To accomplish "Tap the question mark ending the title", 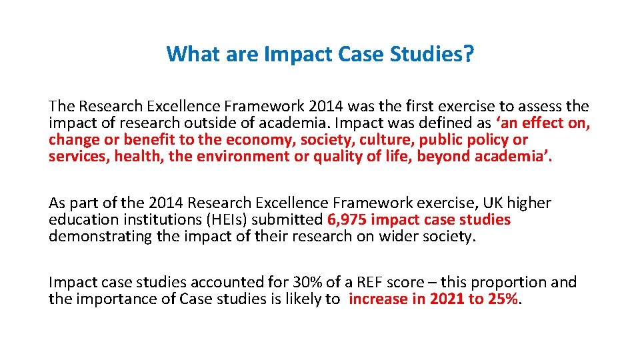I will coord(469,53).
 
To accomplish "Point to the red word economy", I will coord(261,140).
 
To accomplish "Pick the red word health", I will coord(135,157).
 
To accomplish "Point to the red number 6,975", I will coord(349,219).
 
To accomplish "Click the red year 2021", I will coord(447,299).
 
